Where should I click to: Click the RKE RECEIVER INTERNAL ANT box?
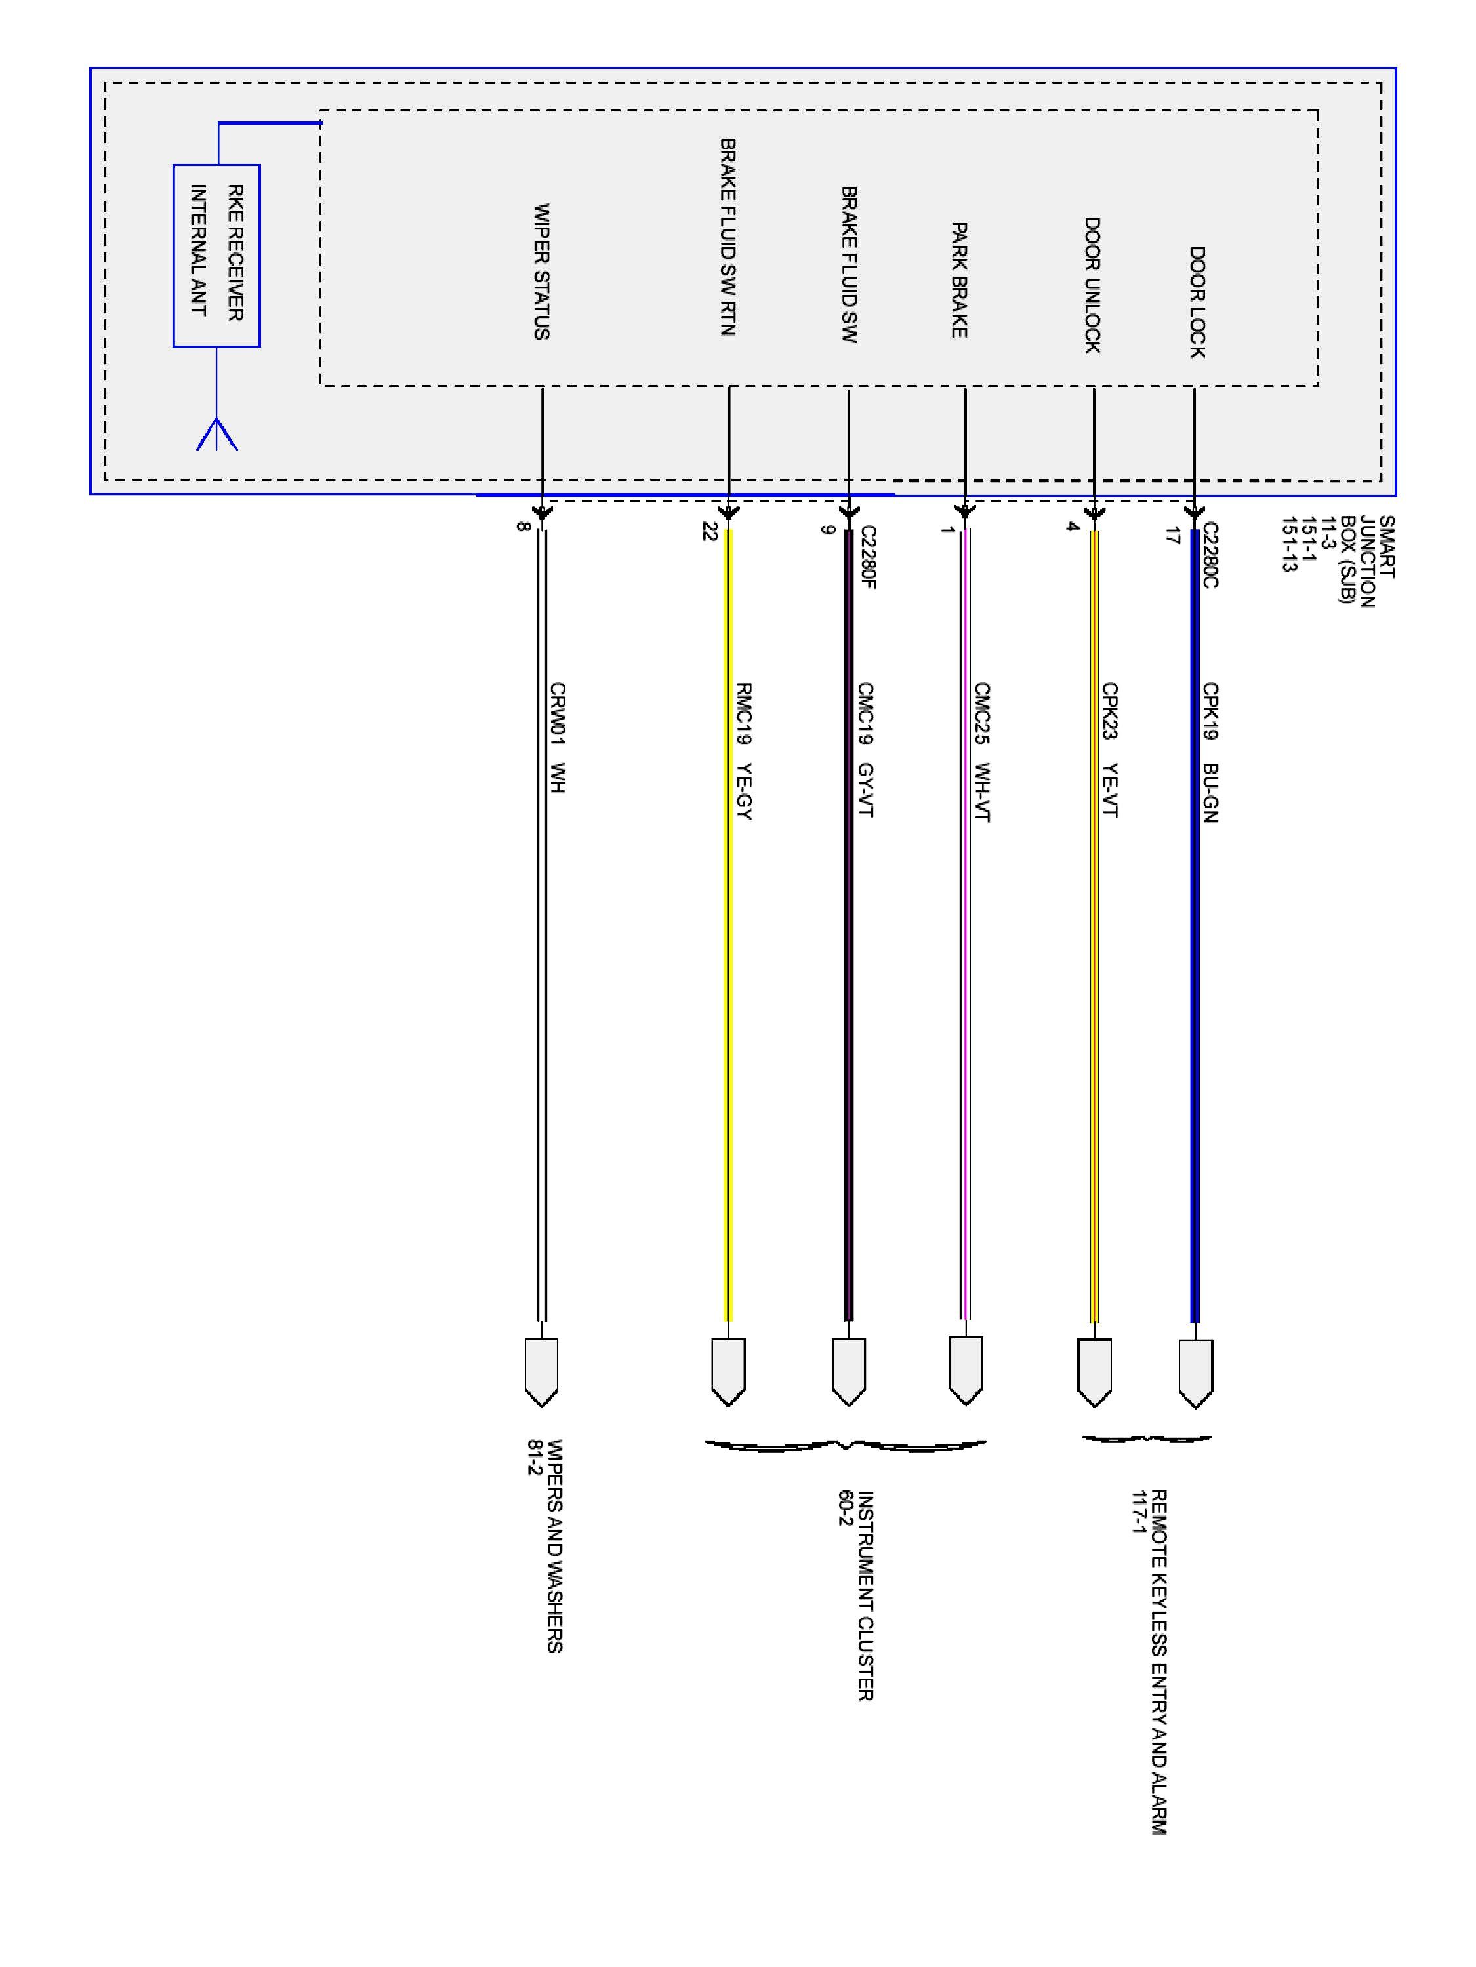[x=216, y=255]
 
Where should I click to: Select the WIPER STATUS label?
[x=541, y=271]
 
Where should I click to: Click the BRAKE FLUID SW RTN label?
[x=728, y=237]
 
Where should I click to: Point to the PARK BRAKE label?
[x=959, y=280]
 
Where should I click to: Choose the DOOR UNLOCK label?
[x=1092, y=285]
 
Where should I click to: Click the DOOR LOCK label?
[x=1197, y=302]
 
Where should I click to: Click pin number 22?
[x=709, y=531]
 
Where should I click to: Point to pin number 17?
[x=1173, y=535]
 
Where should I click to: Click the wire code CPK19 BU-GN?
[x=1210, y=751]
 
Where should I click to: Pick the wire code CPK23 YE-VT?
[x=1109, y=749]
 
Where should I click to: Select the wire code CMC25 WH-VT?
[x=982, y=751]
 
